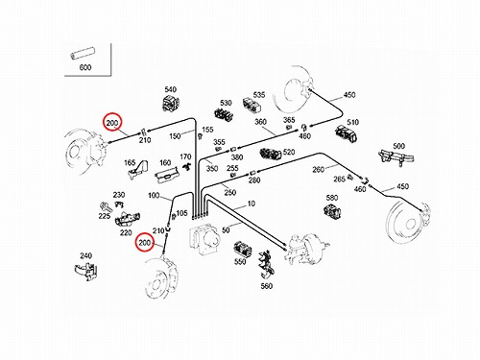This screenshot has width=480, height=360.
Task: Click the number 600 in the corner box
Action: tap(85, 67)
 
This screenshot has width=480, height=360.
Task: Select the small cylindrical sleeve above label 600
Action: tap(84, 53)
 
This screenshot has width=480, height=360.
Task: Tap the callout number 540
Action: tap(171, 89)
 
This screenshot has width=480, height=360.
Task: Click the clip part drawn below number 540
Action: tap(171, 103)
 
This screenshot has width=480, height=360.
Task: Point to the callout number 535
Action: tap(259, 95)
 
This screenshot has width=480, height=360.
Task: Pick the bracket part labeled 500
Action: tap(396, 157)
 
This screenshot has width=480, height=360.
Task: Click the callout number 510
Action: tap(352, 122)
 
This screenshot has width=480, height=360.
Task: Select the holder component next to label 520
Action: tap(271, 154)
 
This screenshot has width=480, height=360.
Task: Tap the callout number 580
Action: tap(332, 198)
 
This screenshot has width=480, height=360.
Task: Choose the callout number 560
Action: tap(267, 286)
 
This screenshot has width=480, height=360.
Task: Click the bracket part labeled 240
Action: tap(85, 272)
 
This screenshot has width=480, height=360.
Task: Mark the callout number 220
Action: tap(126, 232)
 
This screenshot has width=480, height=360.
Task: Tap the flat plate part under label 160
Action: tap(166, 175)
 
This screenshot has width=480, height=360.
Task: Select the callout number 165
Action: tap(130, 163)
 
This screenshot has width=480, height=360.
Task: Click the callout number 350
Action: tap(212, 168)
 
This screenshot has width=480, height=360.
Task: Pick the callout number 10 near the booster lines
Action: tap(252, 204)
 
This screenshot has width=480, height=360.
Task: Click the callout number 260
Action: tap(319, 169)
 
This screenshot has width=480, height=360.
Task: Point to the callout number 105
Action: tap(181, 213)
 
